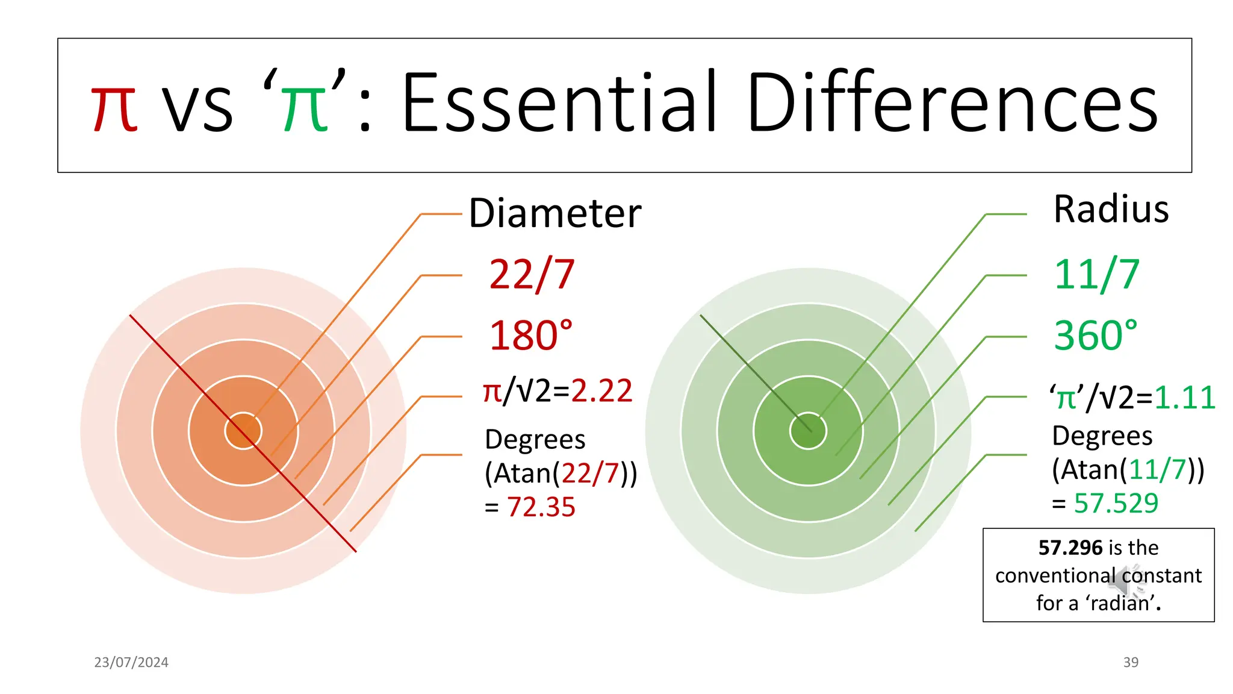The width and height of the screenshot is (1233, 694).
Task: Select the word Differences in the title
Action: (952, 102)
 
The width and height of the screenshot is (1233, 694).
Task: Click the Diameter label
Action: (555, 213)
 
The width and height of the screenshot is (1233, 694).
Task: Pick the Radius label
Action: (1111, 210)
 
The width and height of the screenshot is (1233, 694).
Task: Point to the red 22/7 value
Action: (532, 275)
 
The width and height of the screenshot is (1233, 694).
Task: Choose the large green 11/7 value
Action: (1097, 275)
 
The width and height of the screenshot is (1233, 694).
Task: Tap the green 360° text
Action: (1096, 336)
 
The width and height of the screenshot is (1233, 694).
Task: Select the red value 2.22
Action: (601, 391)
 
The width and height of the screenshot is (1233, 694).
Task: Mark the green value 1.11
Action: (1185, 398)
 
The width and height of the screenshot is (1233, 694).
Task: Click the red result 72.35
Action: (541, 507)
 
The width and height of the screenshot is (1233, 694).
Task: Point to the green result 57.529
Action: (1116, 503)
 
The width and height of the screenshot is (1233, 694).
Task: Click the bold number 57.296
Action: (1070, 548)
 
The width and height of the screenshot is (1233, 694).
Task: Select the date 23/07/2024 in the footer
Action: (131, 662)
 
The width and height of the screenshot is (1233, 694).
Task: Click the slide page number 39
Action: (1131, 662)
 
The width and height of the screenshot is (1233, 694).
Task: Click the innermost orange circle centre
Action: (243, 431)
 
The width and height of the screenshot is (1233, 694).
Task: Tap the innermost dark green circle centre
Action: (808, 431)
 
